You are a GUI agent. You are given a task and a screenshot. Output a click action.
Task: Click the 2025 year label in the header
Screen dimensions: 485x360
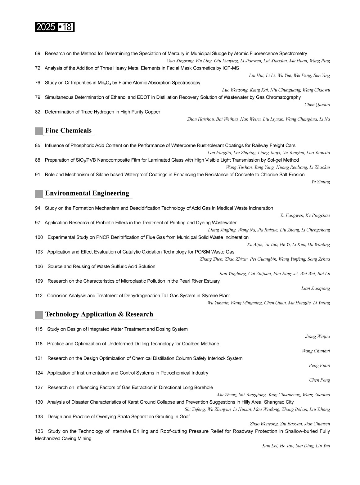(x=45, y=27)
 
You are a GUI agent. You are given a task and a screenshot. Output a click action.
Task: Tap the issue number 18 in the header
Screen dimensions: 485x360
(x=67, y=27)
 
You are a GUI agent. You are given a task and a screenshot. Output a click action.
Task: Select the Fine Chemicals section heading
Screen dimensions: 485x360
(x=68, y=131)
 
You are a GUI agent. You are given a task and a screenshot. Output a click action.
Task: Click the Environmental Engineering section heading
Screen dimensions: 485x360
(x=87, y=193)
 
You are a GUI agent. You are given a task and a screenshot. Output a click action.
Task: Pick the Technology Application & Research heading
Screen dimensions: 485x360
(x=99, y=314)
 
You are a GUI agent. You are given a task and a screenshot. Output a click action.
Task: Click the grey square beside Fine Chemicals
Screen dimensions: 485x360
(x=39, y=131)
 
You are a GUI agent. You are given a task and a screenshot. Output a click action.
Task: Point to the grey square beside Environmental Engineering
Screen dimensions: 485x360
(x=39, y=194)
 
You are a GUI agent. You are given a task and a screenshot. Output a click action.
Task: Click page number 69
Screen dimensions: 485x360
(x=38, y=54)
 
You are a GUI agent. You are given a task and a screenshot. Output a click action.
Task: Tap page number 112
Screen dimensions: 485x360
(x=39, y=296)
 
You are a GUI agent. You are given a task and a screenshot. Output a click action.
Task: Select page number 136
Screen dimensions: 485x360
(x=39, y=431)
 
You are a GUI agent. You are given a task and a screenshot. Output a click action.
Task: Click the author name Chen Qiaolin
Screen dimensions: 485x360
(x=317, y=105)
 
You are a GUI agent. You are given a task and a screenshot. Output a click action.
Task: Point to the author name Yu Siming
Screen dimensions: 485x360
(x=321, y=182)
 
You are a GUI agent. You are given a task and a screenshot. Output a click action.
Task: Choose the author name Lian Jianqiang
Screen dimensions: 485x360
(x=316, y=288)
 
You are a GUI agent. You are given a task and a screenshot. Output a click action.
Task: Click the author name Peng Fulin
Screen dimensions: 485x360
(x=319, y=366)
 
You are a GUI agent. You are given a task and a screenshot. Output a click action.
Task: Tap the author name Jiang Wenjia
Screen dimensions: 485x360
(x=317, y=336)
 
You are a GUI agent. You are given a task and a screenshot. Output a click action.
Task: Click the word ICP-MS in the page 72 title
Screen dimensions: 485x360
(x=230, y=68)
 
